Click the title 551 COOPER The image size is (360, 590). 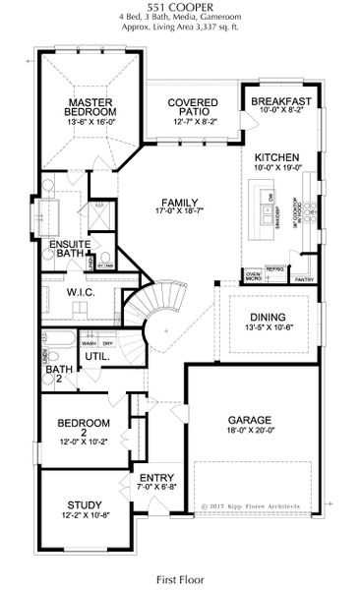[179, 7]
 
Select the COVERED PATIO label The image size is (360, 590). [192, 107]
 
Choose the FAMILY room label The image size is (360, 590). [185, 203]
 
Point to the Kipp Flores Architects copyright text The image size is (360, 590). [259, 507]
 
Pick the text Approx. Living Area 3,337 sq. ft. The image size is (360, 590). [179, 29]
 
